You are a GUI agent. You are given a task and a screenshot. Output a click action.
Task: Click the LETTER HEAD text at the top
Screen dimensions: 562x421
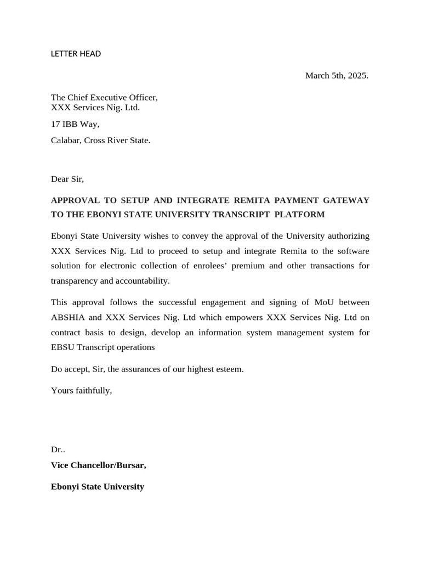[x=76, y=54]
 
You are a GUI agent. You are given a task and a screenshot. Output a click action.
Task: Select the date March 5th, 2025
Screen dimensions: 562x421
[x=337, y=76]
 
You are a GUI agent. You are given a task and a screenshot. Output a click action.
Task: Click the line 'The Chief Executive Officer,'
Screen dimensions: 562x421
[x=104, y=98]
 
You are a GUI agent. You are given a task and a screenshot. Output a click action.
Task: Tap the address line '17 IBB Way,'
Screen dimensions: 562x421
[x=75, y=124]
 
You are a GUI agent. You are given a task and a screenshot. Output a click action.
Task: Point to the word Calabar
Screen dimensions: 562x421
[x=66, y=140]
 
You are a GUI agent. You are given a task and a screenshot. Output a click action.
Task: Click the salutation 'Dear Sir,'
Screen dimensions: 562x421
[x=67, y=179]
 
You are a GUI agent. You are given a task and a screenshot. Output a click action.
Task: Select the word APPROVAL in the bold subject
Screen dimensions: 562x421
[x=74, y=200]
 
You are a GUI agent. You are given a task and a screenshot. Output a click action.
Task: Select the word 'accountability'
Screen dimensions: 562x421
[x=141, y=281]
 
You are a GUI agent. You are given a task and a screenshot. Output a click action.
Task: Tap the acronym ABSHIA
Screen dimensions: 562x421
[x=68, y=317]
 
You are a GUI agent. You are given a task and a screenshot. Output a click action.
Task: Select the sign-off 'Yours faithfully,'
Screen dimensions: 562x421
[x=81, y=391]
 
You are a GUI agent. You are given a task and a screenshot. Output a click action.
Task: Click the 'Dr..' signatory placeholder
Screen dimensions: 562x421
[x=58, y=449]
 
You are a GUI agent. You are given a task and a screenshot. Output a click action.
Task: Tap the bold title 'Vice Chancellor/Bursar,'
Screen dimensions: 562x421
[x=99, y=465]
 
